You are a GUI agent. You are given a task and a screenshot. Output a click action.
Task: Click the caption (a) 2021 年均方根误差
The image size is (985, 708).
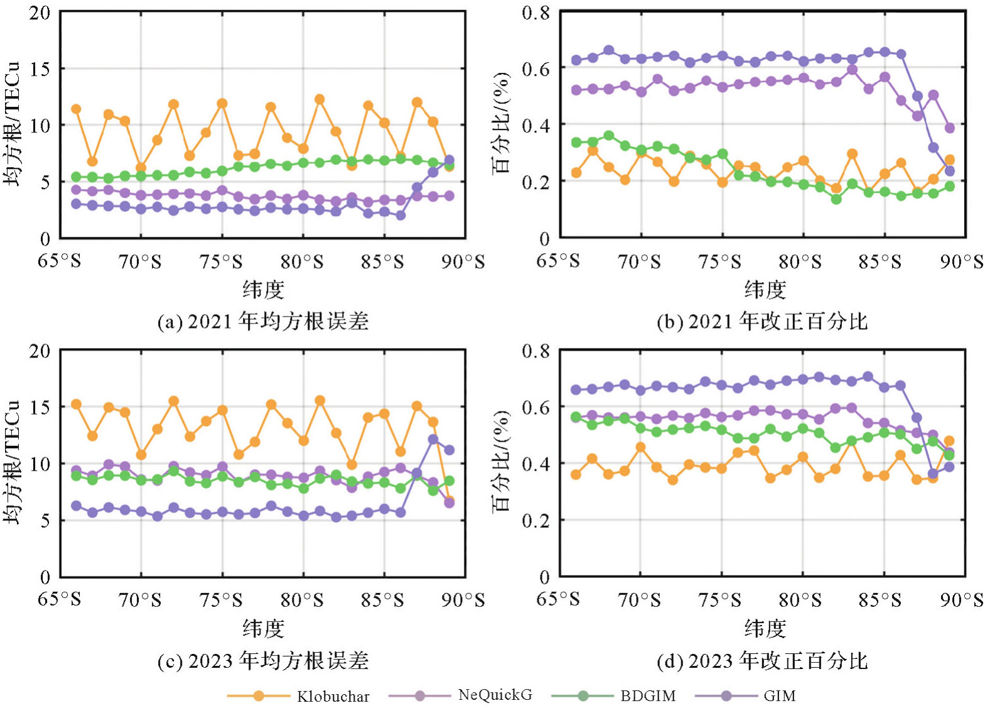263,322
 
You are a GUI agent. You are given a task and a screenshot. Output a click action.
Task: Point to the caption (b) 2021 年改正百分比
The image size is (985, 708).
762,322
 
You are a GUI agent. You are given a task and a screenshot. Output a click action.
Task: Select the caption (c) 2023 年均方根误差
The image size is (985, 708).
263,661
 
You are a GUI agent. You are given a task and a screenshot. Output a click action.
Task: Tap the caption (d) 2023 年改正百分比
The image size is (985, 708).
762,661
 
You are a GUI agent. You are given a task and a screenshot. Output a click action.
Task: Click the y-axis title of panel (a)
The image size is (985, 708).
13,124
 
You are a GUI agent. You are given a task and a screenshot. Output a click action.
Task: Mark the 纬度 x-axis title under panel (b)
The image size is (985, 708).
765,290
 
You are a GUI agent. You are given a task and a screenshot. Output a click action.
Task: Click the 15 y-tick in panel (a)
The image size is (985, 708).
40,68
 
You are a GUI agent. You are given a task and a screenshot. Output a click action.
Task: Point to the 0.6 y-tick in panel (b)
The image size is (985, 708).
536,68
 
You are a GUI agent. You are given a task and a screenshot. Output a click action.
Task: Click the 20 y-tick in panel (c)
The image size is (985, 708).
40,351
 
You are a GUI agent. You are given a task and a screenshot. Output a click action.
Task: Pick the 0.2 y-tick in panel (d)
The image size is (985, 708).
536,520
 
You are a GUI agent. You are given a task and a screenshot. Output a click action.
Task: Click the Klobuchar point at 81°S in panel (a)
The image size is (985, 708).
320,99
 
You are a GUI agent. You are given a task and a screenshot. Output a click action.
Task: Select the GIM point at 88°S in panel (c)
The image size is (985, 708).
433,439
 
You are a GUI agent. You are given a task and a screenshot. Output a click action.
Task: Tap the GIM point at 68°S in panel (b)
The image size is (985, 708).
608,50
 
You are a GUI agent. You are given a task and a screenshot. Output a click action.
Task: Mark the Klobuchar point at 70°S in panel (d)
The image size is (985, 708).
641,447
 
